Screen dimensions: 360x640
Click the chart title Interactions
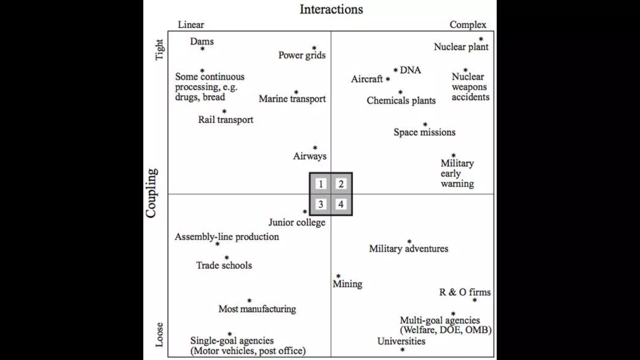click(331, 9)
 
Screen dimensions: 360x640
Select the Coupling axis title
click(151, 193)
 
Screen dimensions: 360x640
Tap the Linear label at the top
click(191, 25)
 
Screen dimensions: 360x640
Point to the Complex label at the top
click(468, 25)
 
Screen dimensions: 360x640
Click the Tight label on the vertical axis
click(159, 49)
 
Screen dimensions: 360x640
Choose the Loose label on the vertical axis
click(159, 335)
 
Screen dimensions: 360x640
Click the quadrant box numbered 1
click(321, 184)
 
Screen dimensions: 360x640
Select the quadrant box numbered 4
click(341, 204)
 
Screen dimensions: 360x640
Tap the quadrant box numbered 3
click(321, 204)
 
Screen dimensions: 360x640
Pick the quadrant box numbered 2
click(341, 184)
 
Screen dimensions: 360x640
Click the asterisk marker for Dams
click(202, 49)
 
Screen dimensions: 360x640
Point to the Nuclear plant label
click(461, 47)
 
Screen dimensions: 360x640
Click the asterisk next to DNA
click(396, 70)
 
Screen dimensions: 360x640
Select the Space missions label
click(424, 132)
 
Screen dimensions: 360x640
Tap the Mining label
click(347, 284)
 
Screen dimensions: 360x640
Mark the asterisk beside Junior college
click(305, 212)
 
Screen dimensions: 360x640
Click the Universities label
click(401, 341)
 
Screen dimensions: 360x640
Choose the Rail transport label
click(226, 120)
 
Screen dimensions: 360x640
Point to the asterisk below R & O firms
click(475, 300)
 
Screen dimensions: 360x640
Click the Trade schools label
click(224, 265)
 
